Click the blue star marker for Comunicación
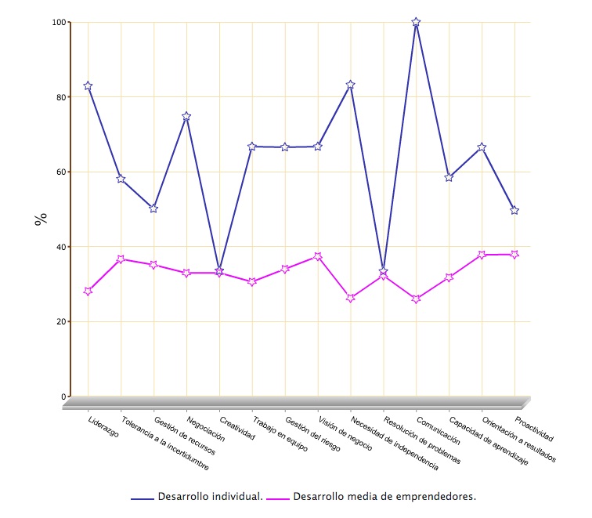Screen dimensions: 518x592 416,23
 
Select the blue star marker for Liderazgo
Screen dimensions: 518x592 88,86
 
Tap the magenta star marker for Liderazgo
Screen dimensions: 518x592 88,291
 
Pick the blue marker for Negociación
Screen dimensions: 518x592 186,116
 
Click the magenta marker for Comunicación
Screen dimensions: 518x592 416,299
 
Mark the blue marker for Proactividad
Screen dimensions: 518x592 514,210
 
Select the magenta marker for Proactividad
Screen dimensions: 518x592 514,254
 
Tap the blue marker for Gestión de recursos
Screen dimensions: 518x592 153,208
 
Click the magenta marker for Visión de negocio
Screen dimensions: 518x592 318,256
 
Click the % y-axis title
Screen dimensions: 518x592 41,219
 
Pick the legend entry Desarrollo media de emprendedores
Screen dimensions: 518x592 384,497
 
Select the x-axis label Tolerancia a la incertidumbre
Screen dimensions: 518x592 165,443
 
